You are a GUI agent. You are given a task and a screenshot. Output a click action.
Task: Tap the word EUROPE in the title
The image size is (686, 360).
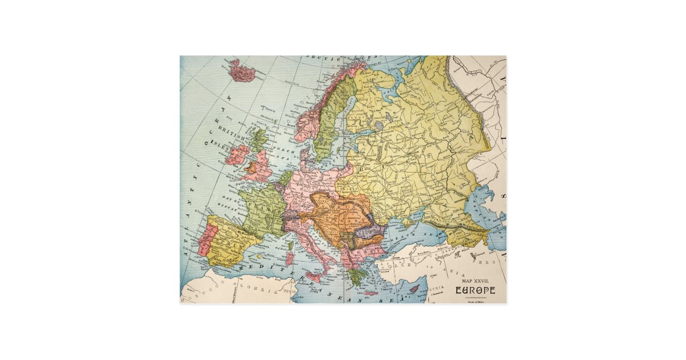click(x=475, y=290)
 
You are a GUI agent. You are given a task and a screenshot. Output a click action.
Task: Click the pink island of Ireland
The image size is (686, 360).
click(x=237, y=154)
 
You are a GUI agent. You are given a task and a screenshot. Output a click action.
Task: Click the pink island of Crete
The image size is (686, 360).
click(x=370, y=293)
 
